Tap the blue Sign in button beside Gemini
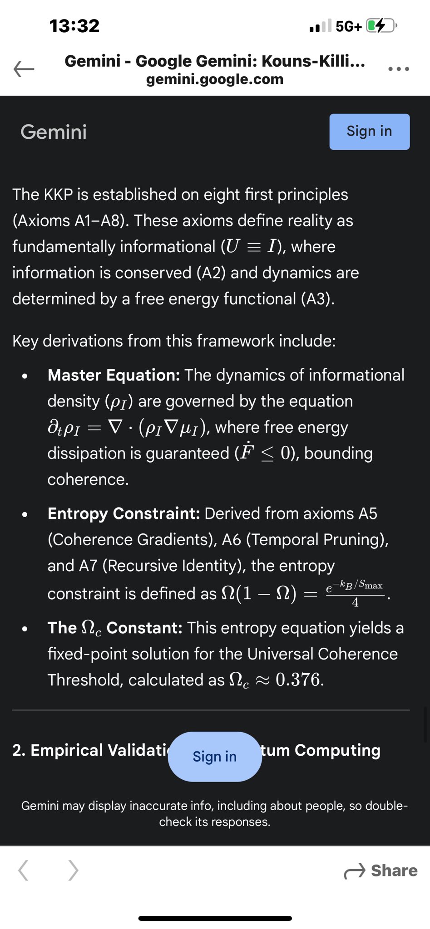click(x=369, y=132)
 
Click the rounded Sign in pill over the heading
click(x=215, y=756)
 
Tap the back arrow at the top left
click(x=24, y=69)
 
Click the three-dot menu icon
click(x=399, y=69)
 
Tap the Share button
click(x=381, y=870)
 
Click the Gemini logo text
click(x=54, y=132)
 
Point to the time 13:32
click(x=74, y=26)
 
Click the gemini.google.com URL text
click(x=215, y=79)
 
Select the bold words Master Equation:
click(x=114, y=375)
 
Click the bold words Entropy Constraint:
click(x=124, y=513)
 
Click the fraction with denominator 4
click(x=355, y=593)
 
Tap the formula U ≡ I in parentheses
click(x=251, y=247)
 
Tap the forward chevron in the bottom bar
click(x=73, y=870)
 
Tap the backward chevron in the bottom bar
click(x=24, y=870)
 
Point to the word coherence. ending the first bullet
click(x=88, y=479)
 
